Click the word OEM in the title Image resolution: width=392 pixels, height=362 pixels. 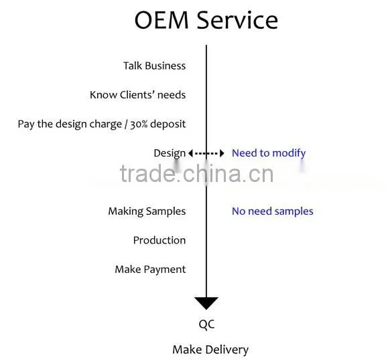[x=161, y=20]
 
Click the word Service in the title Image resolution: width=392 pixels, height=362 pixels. [x=237, y=20]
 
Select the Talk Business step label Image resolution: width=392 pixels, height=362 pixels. [x=155, y=66]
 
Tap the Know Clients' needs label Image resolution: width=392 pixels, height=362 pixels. [x=138, y=95]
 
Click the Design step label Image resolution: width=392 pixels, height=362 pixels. [x=170, y=153]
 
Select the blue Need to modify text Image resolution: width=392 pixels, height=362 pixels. [x=269, y=153]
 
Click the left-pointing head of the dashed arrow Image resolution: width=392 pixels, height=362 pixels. [x=190, y=153]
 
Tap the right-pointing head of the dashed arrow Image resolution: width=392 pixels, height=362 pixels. [x=222, y=153]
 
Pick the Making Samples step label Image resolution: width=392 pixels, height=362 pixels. [x=147, y=211]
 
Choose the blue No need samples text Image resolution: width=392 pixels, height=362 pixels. [x=273, y=211]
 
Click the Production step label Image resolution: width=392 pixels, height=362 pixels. [x=159, y=240]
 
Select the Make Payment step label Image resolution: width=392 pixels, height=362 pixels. [x=150, y=270]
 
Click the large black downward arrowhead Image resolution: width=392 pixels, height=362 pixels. [x=206, y=303]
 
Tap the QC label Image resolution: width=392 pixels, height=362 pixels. [x=207, y=325]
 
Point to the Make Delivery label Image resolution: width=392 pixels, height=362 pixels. [x=210, y=350]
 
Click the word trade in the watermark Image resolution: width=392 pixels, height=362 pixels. [x=147, y=173]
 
